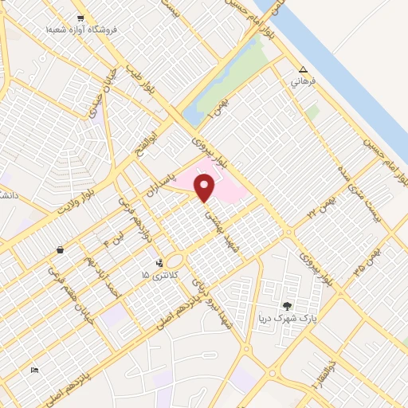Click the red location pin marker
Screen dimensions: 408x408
tap(205, 188)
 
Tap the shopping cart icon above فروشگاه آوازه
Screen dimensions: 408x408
tap(81, 17)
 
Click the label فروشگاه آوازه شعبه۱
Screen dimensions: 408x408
tap(81, 29)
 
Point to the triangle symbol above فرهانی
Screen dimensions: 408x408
tap(303, 69)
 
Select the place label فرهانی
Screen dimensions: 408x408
tap(304, 81)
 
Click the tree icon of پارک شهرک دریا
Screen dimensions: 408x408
tap(287, 305)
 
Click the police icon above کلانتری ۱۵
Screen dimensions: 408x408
tap(160, 261)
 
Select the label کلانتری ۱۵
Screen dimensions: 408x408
tap(156, 274)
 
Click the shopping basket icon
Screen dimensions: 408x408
tap(60, 250)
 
